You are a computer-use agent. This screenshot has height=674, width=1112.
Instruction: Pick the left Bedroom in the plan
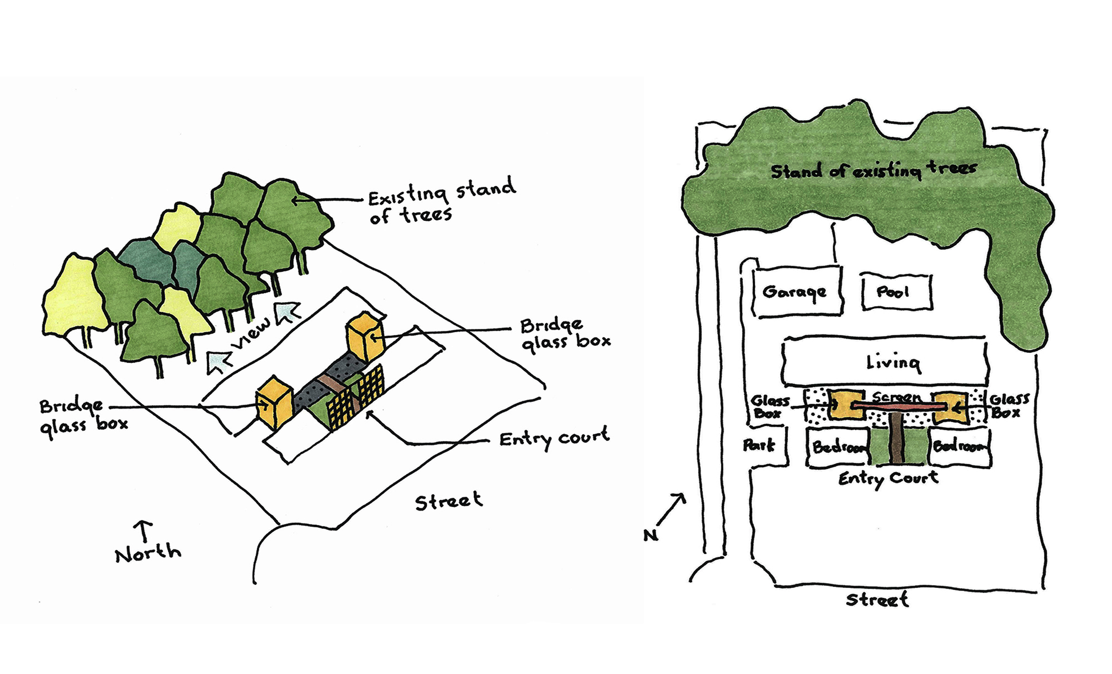click(838, 447)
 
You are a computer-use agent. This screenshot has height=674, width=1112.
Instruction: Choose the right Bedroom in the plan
click(959, 447)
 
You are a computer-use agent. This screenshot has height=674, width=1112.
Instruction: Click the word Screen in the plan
click(896, 398)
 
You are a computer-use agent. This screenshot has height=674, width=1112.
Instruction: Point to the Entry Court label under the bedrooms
click(888, 478)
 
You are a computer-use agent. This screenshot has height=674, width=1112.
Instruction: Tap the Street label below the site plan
click(877, 600)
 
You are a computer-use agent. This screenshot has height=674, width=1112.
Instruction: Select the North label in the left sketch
click(148, 554)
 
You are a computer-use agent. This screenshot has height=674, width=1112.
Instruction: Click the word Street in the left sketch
click(448, 501)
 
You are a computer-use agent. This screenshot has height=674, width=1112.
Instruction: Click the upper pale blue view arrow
click(286, 310)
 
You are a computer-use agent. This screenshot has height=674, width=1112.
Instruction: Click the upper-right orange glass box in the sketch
click(365, 336)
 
